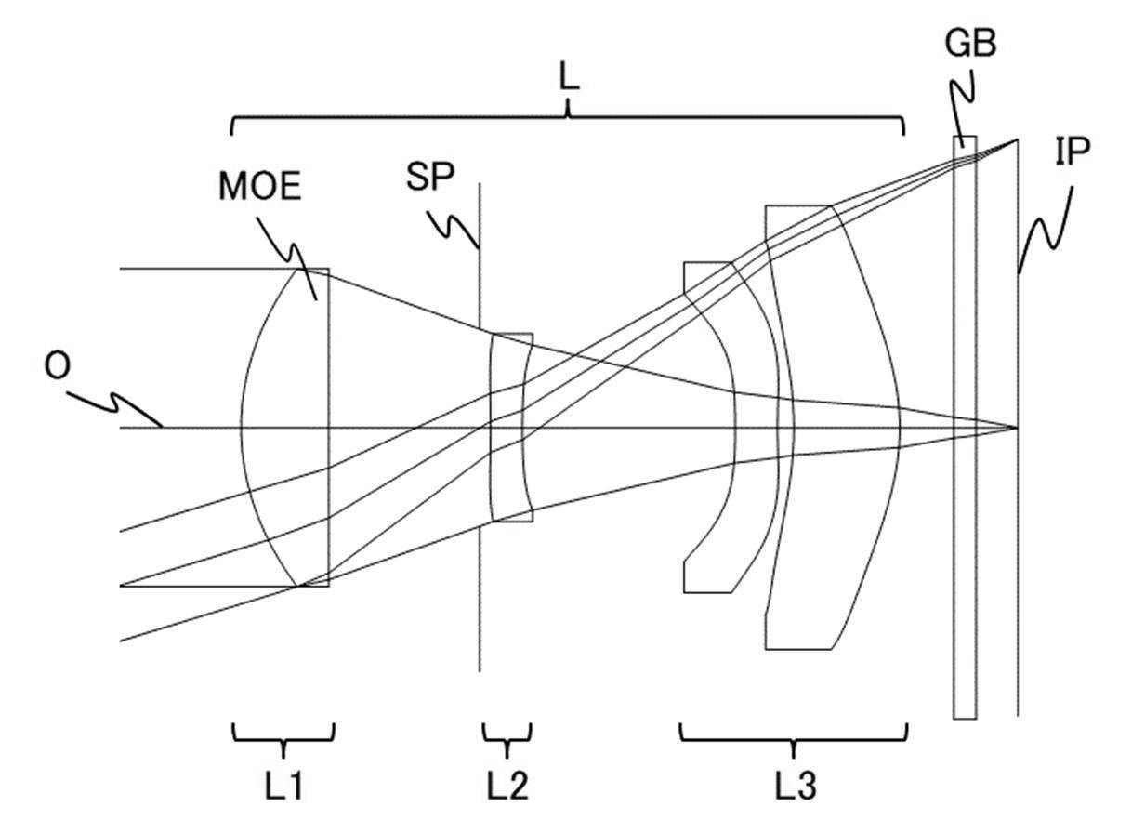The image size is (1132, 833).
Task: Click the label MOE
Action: click(259, 187)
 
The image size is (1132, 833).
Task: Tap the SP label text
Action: click(430, 178)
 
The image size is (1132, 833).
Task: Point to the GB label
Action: click(971, 44)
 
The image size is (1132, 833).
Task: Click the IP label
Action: click(1073, 152)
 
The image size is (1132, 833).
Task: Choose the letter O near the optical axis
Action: click(57, 366)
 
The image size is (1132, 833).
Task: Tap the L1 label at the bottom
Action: click(284, 786)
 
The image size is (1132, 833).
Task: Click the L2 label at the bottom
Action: click(507, 786)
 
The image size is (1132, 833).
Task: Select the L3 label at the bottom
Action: click(796, 786)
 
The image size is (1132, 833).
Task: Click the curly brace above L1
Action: click(283, 740)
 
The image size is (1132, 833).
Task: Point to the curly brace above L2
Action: click(507, 740)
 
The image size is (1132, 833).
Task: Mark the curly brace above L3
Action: click(794, 740)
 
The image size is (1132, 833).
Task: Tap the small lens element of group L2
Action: click(511, 428)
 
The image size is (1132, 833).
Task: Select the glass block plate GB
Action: click(965, 428)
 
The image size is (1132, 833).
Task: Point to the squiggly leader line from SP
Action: click(454, 230)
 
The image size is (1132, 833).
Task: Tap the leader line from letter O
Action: click(114, 408)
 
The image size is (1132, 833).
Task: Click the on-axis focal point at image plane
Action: click(1017, 428)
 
